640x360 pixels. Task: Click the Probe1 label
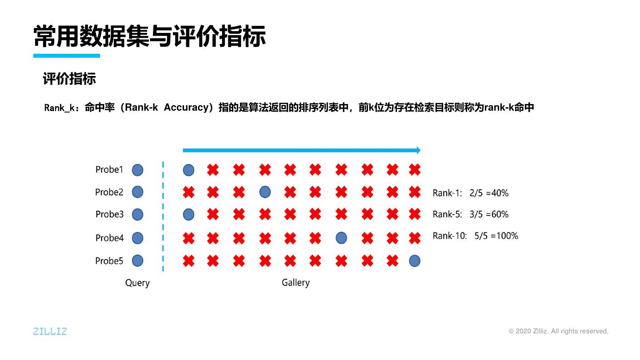pos(109,169)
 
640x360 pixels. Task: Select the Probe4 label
pos(109,238)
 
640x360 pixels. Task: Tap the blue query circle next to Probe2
pos(138,192)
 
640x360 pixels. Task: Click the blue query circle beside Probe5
pos(138,260)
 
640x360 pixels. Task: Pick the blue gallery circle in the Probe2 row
pos(265,192)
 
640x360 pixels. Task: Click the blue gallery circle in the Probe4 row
pos(341,238)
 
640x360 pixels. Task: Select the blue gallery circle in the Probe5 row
pos(414,261)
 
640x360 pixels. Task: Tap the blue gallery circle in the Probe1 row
pos(188,170)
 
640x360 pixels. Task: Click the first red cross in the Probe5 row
pos(188,261)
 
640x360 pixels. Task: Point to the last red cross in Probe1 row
pos(414,169)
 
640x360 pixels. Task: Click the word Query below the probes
pos(137,283)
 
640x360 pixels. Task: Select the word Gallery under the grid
pos(296,283)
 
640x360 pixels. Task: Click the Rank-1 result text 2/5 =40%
pos(489,193)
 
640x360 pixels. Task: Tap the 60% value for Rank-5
pos(500,214)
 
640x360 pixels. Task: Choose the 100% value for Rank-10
pos(508,236)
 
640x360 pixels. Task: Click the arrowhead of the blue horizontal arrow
pos(418,150)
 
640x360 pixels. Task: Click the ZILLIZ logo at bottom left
pos(50,331)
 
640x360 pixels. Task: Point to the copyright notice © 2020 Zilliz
pos(558,331)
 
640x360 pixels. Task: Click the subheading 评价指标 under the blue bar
pos(69,79)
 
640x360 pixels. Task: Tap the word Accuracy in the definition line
pos(186,108)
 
